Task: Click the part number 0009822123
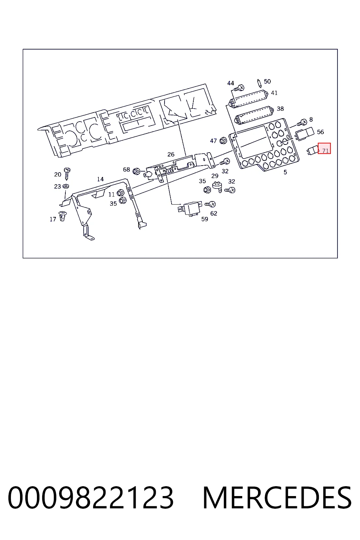(x=90, y=498)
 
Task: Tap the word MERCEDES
(x=277, y=498)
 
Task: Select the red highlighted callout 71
(x=324, y=148)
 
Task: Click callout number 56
(x=320, y=132)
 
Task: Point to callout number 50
(x=267, y=82)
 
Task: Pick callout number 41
(x=274, y=93)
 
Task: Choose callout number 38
(x=280, y=109)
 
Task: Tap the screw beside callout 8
(x=302, y=123)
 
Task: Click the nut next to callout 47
(x=223, y=140)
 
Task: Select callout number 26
(x=171, y=154)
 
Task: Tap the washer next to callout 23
(x=66, y=186)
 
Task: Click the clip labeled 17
(x=63, y=216)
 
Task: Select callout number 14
(x=100, y=179)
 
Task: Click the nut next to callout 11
(x=120, y=193)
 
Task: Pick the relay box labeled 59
(x=190, y=209)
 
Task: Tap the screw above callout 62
(x=210, y=204)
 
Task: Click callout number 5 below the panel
(x=285, y=172)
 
